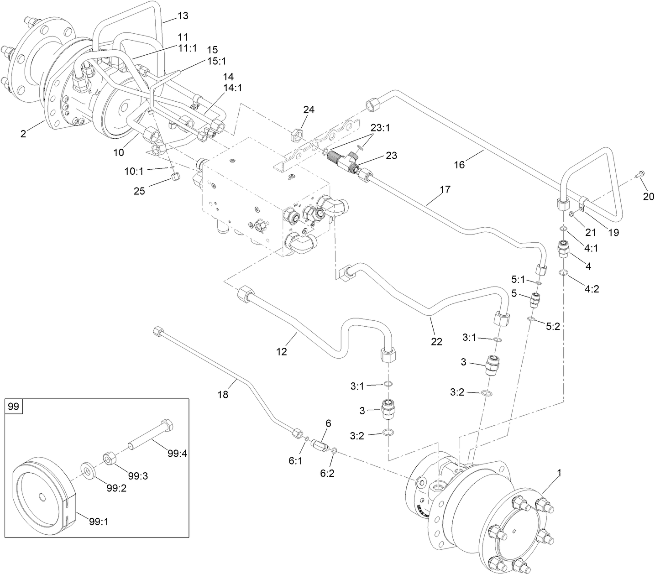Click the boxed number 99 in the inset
[14, 406]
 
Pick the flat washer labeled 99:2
[87, 470]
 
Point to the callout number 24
[309, 110]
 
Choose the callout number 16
[459, 165]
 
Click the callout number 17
[445, 189]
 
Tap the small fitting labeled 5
[535, 301]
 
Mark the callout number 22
[437, 341]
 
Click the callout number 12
[282, 351]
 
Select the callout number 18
[223, 395]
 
